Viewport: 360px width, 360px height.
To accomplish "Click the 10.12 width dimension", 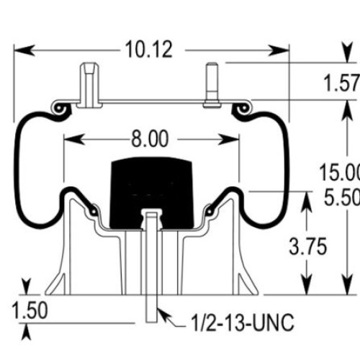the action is pos(148,50).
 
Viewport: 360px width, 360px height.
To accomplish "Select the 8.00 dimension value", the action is pos(150,139).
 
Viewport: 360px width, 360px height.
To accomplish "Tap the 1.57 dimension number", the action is pos(341,83).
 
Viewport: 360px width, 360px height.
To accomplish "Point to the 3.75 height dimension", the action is pos(308,246).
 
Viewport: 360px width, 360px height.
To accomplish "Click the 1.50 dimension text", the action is pos(30,310).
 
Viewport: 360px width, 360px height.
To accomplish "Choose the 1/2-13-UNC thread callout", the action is pos(243,323).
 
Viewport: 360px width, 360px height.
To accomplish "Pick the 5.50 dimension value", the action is pos(342,197).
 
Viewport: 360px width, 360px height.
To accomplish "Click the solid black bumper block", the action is pos(151,193).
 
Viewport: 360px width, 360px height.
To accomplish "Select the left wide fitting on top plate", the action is pos(89,85).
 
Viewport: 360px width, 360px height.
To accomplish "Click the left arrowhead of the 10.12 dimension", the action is pos(24,50).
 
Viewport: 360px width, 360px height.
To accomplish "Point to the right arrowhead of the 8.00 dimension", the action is pos(228,140).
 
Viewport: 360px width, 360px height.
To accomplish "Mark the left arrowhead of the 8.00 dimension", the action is pos(74,140).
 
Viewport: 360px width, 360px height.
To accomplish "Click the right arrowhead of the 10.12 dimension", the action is pos(279,50).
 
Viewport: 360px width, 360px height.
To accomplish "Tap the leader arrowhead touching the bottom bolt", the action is pos(164,315).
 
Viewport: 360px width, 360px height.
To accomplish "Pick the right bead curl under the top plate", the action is pos(243,108).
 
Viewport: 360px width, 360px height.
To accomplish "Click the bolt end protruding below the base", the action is pos(152,309).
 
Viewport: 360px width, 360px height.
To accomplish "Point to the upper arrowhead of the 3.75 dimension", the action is pos(307,202).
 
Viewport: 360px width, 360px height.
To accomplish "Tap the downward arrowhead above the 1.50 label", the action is pos(26,286).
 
